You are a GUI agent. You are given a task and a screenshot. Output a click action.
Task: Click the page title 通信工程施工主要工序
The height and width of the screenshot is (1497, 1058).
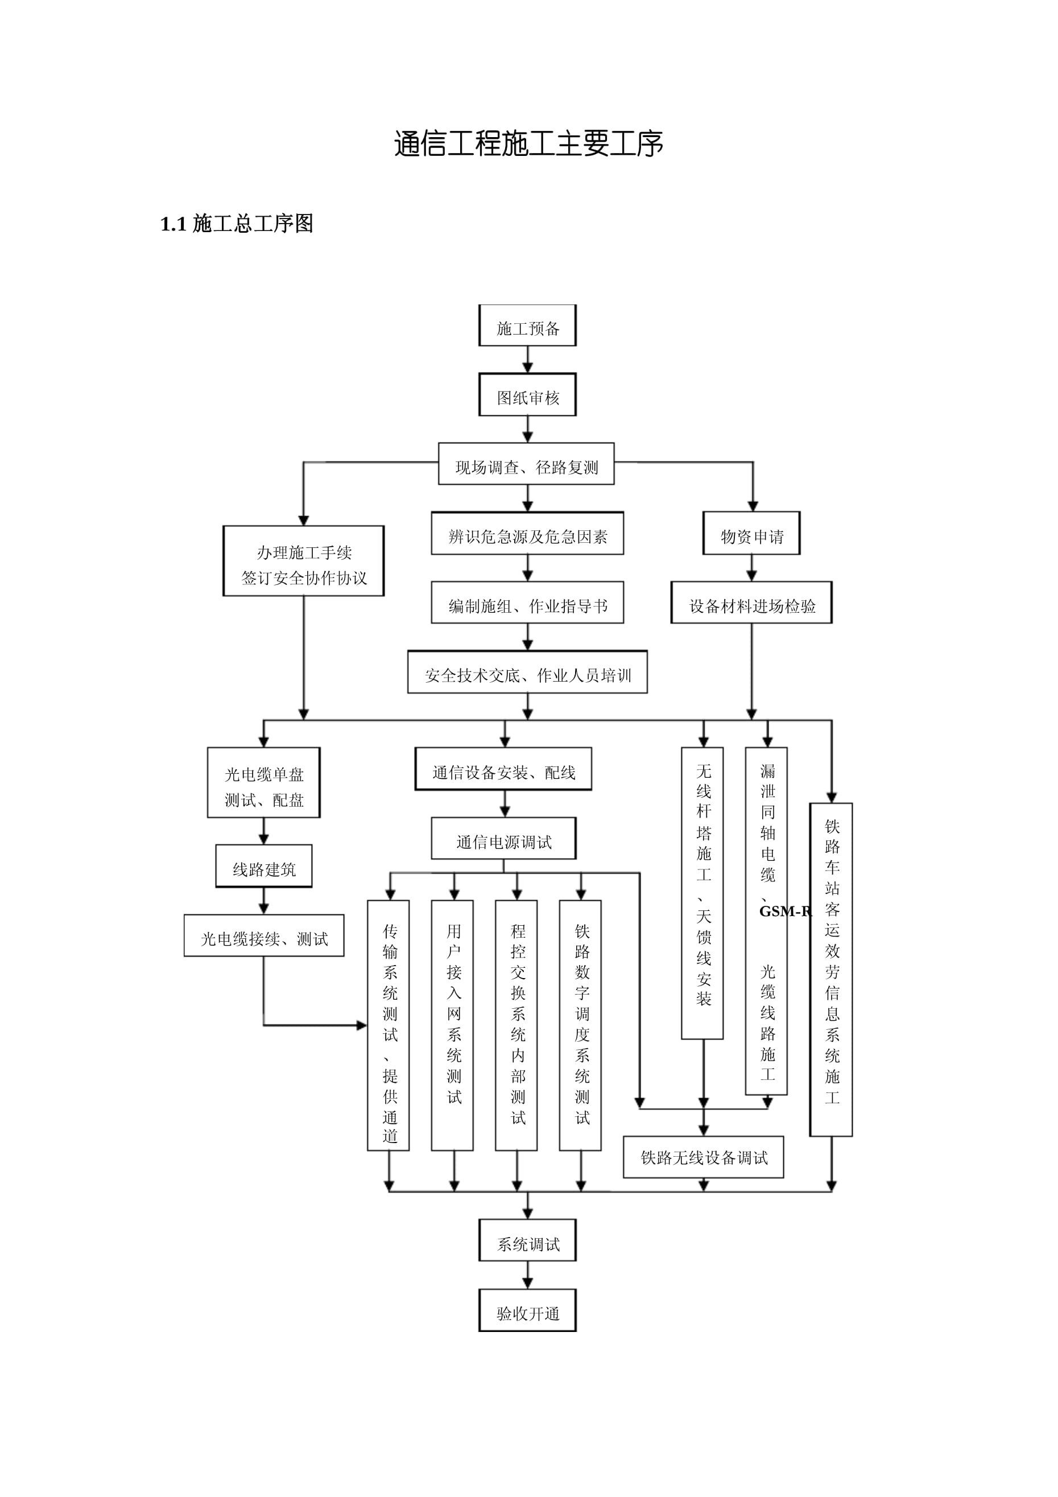click(x=528, y=143)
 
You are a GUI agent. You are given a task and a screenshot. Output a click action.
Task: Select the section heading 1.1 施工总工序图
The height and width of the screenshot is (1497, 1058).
click(x=237, y=224)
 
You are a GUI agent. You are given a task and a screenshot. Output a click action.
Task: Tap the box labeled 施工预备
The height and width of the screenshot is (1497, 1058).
click(x=527, y=325)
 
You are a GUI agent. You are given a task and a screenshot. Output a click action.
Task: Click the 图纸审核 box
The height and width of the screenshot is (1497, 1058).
click(x=527, y=394)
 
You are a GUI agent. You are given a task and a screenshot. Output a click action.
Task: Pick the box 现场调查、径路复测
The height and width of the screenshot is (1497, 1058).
click(x=526, y=464)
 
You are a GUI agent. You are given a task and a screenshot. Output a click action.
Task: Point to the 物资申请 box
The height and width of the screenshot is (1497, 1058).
click(x=751, y=533)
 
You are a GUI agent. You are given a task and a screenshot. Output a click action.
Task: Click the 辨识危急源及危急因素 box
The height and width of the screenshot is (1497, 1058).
click(x=527, y=533)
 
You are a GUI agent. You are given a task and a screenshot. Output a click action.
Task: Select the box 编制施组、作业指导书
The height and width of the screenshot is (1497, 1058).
click(x=527, y=603)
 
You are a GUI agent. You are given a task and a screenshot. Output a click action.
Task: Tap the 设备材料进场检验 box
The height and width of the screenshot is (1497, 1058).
click(x=751, y=603)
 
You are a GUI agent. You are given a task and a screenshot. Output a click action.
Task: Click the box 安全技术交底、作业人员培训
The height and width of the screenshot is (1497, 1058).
click(x=527, y=671)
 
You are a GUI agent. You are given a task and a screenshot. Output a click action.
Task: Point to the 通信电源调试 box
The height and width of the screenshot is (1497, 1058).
click(x=503, y=839)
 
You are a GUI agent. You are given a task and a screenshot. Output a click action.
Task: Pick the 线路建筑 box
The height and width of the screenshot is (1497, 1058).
click(x=264, y=866)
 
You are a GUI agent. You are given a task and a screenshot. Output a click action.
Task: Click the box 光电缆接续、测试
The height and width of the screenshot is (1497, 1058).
click(x=264, y=935)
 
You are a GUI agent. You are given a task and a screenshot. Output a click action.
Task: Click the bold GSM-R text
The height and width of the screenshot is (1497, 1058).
click(x=786, y=912)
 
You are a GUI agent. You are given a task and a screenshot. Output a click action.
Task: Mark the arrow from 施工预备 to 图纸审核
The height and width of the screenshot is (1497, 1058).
click(x=527, y=359)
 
